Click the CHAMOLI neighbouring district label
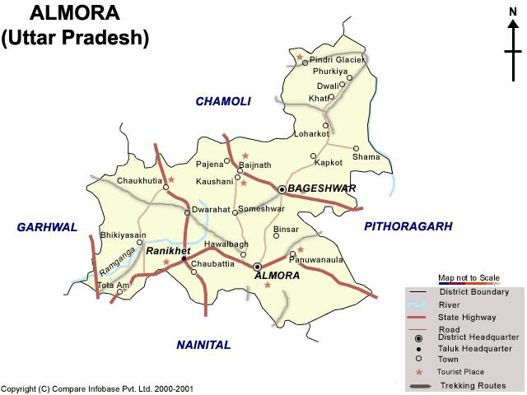[222, 101]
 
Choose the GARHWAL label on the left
[47, 226]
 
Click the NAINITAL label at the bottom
[203, 345]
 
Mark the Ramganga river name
[114, 262]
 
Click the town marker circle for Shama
[356, 149]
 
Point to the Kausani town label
[215, 180]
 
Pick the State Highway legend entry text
[468, 317]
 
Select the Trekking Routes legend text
[474, 385]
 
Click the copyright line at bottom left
[98, 388]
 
